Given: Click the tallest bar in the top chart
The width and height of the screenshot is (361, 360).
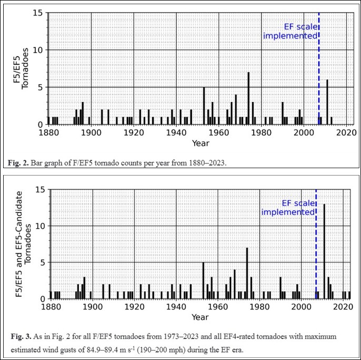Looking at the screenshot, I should coord(248,98).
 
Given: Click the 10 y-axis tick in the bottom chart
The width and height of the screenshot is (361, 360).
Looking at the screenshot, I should coord(43,226).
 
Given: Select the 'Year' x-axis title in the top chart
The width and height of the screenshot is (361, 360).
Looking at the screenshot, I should coord(197,142).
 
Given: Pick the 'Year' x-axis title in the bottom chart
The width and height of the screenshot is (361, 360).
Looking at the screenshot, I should coord(199,317).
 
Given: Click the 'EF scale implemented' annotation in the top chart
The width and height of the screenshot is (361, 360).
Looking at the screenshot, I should coord(290,31).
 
